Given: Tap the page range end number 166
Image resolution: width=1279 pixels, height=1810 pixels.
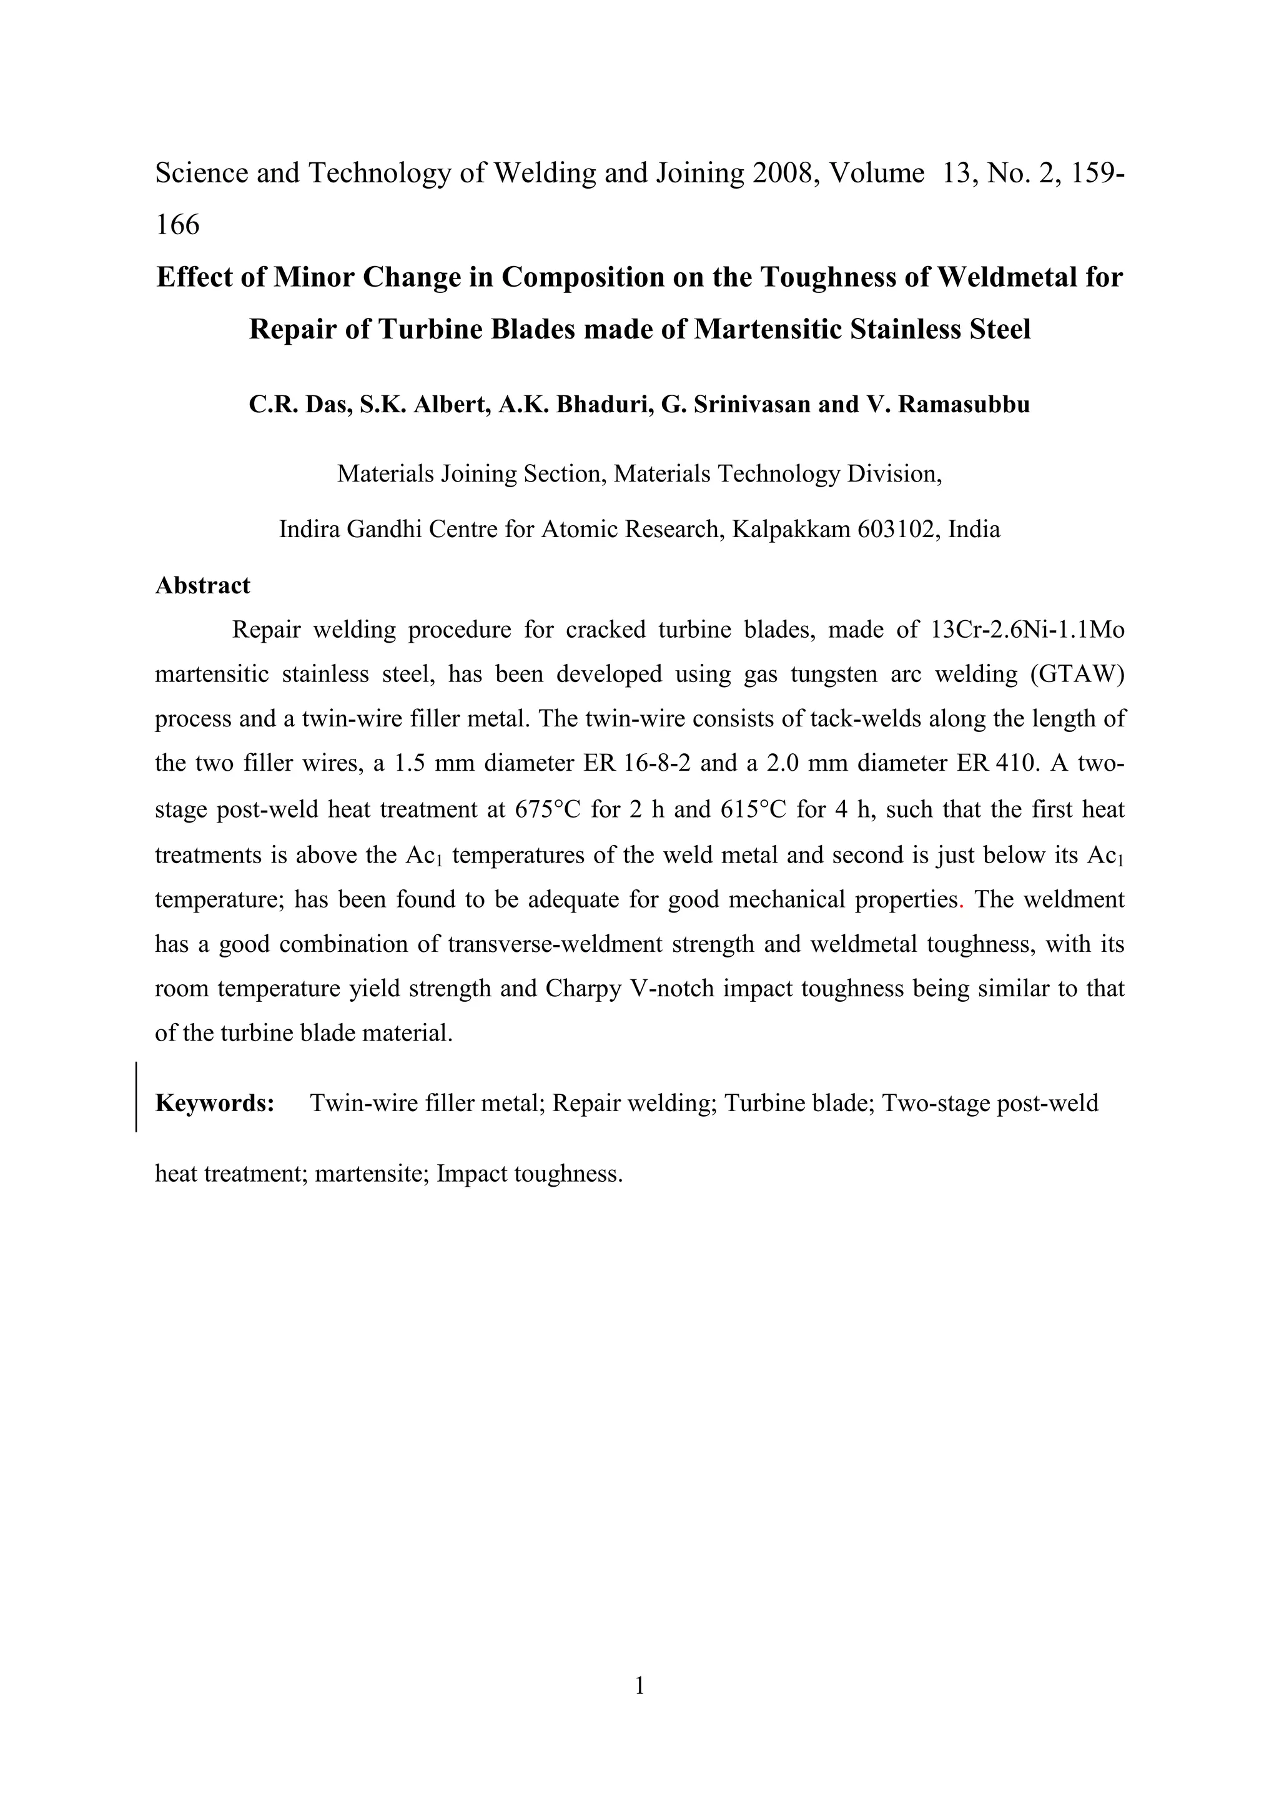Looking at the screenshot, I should point(177,225).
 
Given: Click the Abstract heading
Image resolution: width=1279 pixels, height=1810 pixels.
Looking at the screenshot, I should point(202,586).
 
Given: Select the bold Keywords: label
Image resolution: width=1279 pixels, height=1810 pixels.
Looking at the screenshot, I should point(214,1103).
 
